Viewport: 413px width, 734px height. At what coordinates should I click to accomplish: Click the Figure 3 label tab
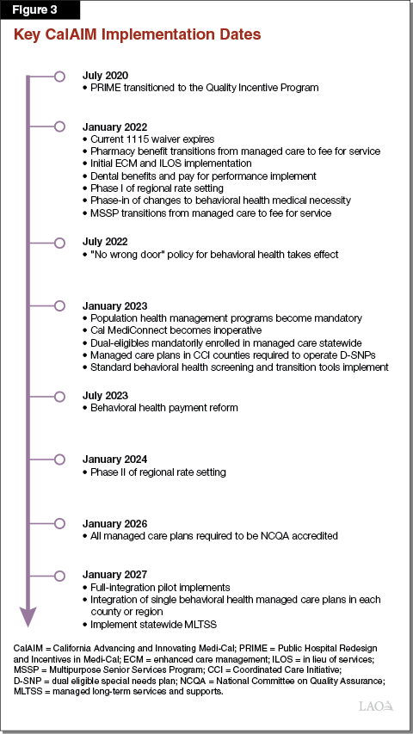[40, 11]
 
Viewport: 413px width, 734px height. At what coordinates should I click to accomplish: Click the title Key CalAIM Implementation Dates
[136, 37]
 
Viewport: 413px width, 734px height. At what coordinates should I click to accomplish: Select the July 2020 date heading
[104, 76]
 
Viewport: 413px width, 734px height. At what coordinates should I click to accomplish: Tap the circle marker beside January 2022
[59, 126]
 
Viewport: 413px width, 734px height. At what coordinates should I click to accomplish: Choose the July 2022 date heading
[104, 242]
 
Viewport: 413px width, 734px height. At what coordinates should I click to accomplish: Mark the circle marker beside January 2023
[59, 305]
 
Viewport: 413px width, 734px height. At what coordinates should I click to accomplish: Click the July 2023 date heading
[104, 395]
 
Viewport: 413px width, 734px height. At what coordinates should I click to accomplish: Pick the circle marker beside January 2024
[59, 459]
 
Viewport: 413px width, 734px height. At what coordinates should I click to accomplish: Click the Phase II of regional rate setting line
[158, 472]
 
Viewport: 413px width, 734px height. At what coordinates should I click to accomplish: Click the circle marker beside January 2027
[59, 575]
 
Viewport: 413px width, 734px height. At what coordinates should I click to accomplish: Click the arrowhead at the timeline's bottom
[28, 616]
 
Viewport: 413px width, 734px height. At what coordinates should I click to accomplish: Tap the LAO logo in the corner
[375, 705]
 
